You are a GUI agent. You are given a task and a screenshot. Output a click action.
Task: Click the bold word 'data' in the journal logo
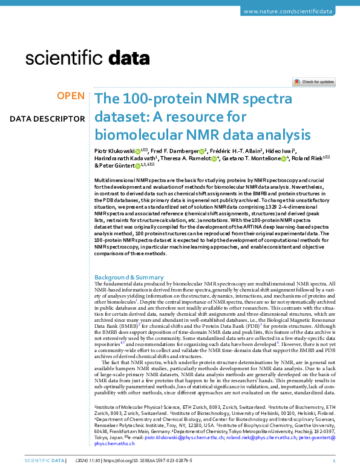[x=132, y=58]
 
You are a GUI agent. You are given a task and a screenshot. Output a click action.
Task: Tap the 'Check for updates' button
[x=314, y=82]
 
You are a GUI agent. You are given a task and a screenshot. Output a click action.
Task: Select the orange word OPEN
[x=71, y=96]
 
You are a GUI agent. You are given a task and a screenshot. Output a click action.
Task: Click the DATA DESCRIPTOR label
[x=47, y=119]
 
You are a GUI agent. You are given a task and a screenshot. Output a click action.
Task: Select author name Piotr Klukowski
[x=114, y=151]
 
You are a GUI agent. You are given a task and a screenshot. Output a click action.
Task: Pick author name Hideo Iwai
[x=280, y=151]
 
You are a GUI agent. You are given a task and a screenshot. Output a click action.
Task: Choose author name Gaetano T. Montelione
[x=250, y=158]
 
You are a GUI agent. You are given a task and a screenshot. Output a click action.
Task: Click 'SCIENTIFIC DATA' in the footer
[x=44, y=461]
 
